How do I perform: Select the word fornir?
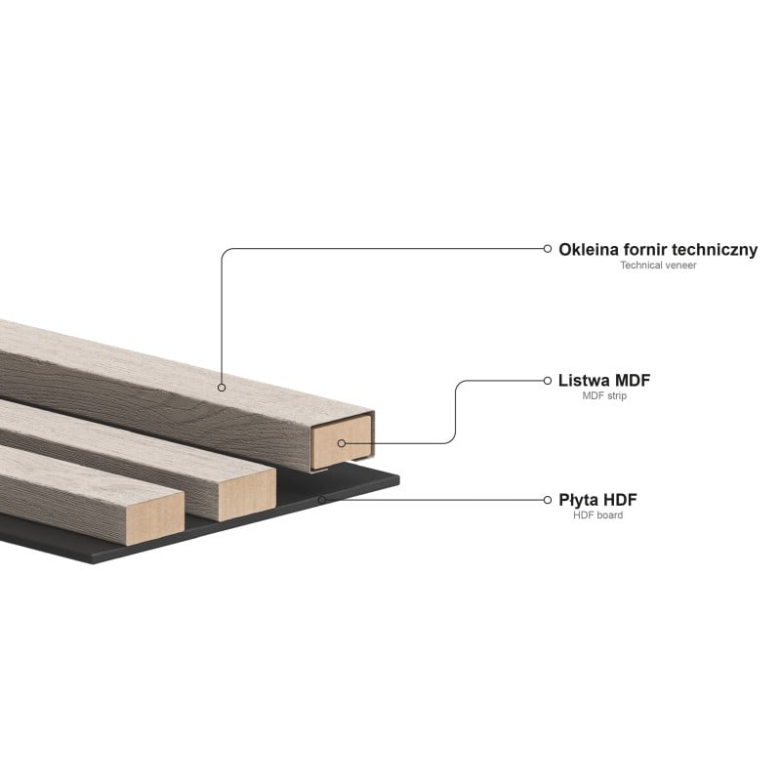649,249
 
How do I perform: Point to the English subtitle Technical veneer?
658,266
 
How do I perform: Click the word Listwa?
585,380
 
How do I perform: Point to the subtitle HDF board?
598,515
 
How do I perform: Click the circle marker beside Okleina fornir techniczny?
548,248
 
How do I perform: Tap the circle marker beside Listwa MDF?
548,380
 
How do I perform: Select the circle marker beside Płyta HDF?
548,500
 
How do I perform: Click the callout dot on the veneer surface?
222,388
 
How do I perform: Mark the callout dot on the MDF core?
341,443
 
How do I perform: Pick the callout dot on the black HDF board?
321,500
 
